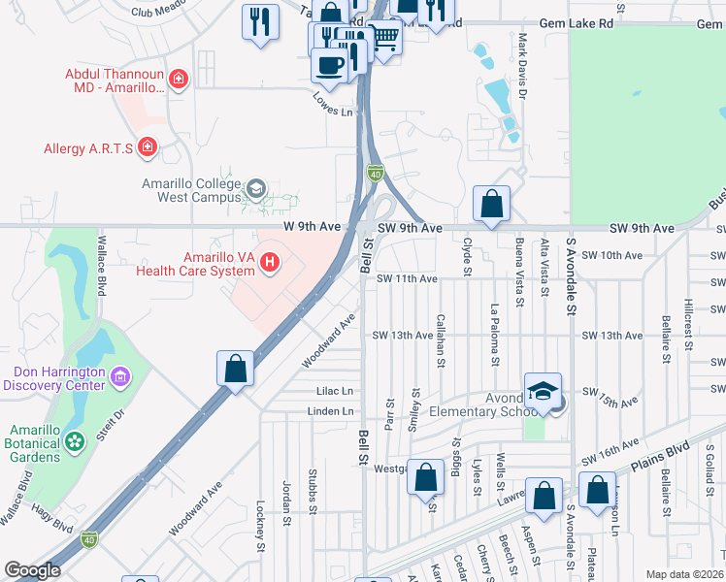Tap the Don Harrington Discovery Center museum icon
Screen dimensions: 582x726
tap(120, 375)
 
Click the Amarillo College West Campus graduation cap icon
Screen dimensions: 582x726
tap(256, 188)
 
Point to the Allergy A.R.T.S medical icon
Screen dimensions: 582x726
tap(147, 147)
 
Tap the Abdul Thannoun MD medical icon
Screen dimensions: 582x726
tap(178, 79)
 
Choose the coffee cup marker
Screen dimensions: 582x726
tap(330, 65)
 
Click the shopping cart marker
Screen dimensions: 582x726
tap(385, 39)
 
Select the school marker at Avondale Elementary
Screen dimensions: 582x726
tap(544, 391)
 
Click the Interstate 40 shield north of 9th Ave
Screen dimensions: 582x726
tap(375, 172)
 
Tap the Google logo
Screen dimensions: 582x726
tap(32, 570)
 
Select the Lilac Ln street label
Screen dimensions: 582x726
tap(335, 391)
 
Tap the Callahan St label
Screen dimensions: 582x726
tap(441, 340)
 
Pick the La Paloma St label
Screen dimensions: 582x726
tap(494, 336)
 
